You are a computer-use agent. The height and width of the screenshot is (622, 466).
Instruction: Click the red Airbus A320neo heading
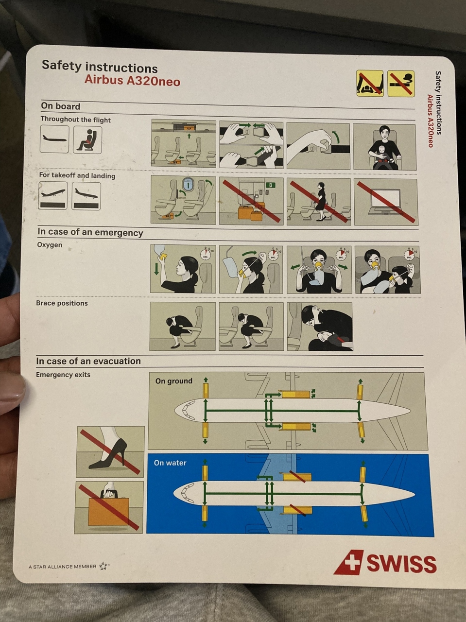click(x=132, y=81)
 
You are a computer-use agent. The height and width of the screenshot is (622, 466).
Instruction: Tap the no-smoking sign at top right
click(x=401, y=84)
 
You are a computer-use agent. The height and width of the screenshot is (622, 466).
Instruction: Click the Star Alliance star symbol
click(x=104, y=566)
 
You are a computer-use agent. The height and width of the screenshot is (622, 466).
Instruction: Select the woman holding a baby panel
click(x=384, y=147)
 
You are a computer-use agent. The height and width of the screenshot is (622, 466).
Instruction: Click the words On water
click(x=170, y=463)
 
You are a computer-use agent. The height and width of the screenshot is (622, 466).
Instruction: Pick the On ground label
click(x=173, y=381)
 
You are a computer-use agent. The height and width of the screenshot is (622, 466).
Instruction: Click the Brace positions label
click(x=62, y=303)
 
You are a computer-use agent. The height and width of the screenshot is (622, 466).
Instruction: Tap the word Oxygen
click(x=50, y=245)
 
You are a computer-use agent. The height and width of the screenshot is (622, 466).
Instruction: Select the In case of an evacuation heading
click(x=88, y=361)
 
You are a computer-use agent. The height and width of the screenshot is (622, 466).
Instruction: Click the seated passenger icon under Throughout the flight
click(x=87, y=140)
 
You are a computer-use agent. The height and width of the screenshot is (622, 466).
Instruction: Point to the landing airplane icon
click(x=86, y=196)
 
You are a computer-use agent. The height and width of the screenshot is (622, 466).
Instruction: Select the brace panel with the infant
click(x=320, y=327)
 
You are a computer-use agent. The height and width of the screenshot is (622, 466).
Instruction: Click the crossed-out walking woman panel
click(x=319, y=201)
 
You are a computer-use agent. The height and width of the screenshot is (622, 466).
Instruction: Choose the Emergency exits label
click(x=63, y=375)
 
